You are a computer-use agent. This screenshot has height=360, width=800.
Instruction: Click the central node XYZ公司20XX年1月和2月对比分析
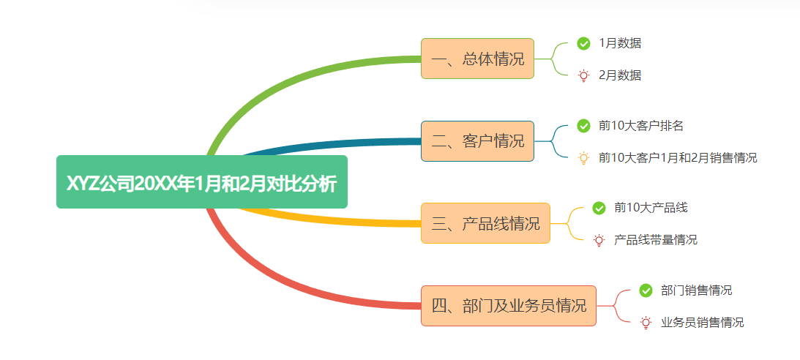(201, 182)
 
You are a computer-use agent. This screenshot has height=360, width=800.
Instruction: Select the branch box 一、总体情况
(477, 59)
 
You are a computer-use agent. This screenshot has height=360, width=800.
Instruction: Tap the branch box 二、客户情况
(477, 140)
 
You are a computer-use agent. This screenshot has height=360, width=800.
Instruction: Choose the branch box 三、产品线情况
(485, 223)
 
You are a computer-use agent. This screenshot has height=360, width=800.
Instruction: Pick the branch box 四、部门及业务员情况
(509, 305)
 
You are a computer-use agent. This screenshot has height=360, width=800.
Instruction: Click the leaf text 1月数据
(620, 43)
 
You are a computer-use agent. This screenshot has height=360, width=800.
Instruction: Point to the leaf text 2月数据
(620, 75)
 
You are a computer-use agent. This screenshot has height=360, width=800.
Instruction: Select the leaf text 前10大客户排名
(641, 126)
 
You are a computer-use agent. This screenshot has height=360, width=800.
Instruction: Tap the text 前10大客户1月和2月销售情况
(678, 157)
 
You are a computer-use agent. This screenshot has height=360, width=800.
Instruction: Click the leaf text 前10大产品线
(651, 208)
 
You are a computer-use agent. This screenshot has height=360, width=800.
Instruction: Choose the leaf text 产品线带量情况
(656, 239)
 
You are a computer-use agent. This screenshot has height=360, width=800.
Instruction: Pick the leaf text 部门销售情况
(696, 290)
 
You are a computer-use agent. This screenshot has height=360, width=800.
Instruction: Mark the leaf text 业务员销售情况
(702, 322)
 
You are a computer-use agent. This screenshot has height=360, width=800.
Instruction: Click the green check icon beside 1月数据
(583, 43)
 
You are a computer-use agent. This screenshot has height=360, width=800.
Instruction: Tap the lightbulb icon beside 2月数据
(583, 75)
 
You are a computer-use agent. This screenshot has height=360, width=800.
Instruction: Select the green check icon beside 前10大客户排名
(583, 126)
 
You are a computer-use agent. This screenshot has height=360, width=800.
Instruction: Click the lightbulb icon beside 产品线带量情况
(599, 239)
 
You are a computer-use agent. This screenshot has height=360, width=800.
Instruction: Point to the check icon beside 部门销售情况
(646, 290)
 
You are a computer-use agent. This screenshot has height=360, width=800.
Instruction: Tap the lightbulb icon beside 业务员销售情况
(646, 322)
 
